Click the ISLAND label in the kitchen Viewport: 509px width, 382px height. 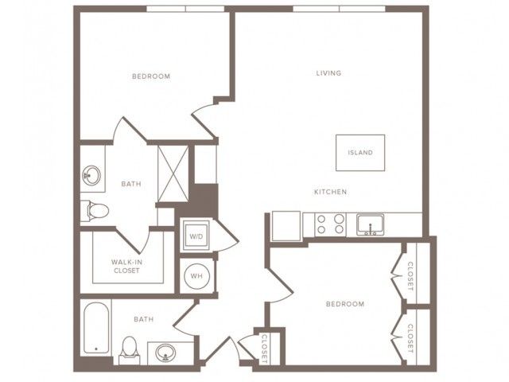360,152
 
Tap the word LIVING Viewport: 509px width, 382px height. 328,73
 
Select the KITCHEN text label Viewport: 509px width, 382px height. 331,192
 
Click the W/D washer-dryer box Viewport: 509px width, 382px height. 196,236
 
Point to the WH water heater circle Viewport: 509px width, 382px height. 196,276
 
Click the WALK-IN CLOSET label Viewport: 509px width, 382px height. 127,266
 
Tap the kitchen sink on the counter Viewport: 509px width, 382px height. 370,224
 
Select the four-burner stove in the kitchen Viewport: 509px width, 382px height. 331,224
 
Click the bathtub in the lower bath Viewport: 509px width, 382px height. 96,328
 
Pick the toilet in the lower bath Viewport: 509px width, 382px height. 130,350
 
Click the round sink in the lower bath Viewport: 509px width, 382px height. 165,353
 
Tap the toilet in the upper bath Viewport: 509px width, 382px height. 95,211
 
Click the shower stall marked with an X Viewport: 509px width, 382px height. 173,173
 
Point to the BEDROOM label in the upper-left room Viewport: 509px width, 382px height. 151,76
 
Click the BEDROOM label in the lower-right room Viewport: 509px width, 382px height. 345,304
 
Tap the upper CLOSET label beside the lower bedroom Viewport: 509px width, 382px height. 410,276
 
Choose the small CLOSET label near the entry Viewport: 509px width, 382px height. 264,349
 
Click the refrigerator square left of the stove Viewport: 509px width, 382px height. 286,226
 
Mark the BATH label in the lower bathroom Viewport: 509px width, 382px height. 143,319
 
